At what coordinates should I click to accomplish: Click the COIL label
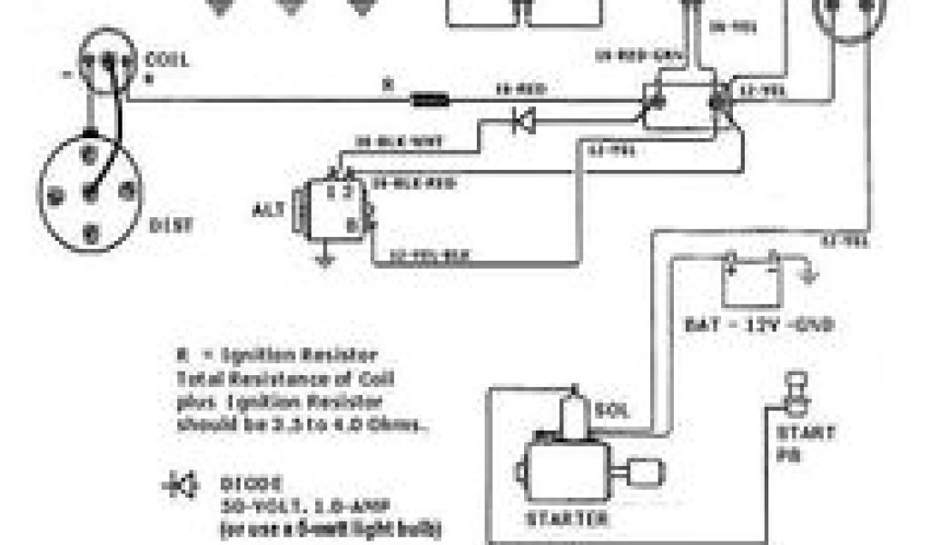[167, 61]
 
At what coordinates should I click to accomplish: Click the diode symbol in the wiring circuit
[523, 121]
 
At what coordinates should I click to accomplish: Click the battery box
[750, 283]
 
